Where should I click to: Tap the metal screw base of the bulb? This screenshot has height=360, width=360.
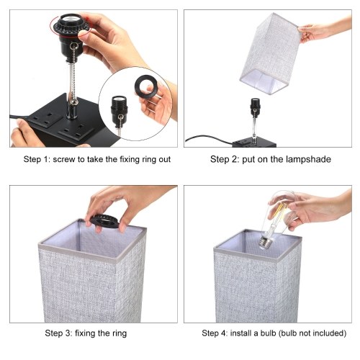[x=266, y=242]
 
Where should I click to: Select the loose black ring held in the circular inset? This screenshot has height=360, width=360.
[x=146, y=87]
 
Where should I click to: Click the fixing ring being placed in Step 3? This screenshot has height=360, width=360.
[x=104, y=221]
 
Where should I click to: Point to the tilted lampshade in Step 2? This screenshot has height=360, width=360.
[x=270, y=53]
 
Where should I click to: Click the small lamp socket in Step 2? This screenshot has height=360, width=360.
[x=255, y=105]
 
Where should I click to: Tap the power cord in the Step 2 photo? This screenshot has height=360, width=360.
[x=209, y=139]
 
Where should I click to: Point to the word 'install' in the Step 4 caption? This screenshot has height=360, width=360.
[x=240, y=333]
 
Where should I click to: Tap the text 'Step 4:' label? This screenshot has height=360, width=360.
[x=215, y=333]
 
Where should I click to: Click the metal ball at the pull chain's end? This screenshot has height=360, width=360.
[x=75, y=102]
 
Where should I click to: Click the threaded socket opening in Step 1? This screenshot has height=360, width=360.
[x=70, y=19]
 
